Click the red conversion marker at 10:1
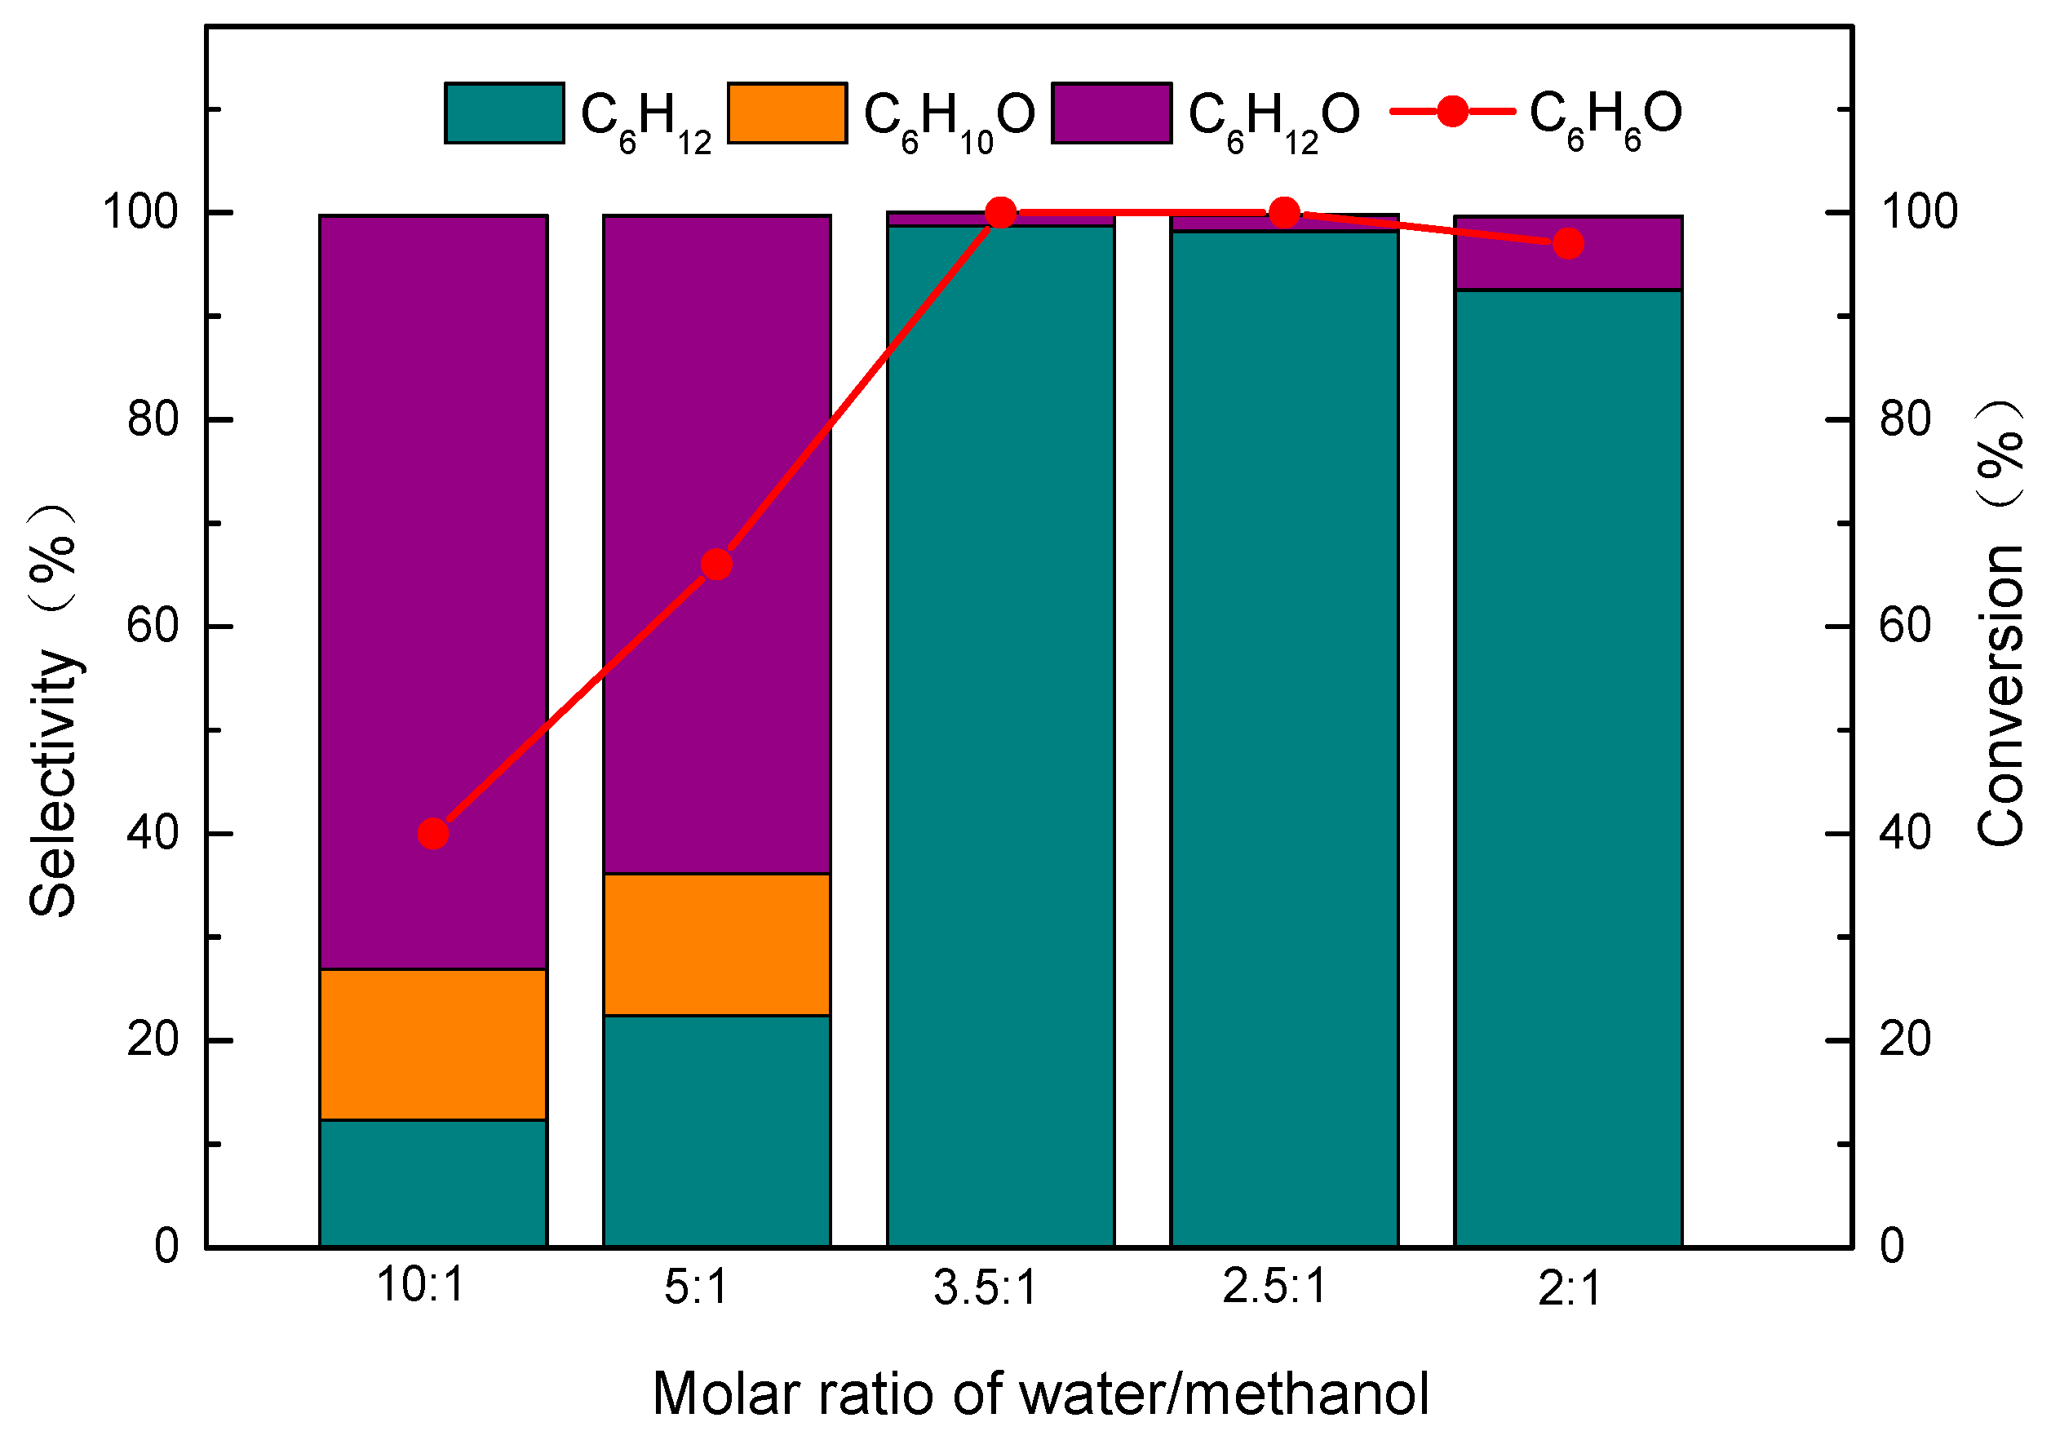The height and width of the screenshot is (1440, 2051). tap(433, 835)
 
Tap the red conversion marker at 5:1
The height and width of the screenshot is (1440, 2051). tap(716, 565)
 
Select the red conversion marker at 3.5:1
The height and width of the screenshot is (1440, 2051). tap(1000, 214)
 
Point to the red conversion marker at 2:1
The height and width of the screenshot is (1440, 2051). tap(1568, 244)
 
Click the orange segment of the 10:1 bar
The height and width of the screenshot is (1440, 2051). tap(433, 1044)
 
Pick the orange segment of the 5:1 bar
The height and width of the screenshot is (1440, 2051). tap(716, 944)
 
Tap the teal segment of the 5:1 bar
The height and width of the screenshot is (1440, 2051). tap(716, 1131)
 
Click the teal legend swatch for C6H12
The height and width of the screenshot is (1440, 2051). tap(505, 113)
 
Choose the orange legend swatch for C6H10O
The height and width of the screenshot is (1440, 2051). tap(787, 113)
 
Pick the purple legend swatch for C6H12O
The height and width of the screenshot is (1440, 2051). tap(1111, 113)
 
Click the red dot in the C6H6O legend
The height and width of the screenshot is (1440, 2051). tap(1452, 112)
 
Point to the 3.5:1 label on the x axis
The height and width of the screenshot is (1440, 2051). tap(986, 1288)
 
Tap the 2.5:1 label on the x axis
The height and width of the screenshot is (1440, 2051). tap(1274, 1287)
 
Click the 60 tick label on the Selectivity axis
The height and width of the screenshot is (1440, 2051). tap(153, 627)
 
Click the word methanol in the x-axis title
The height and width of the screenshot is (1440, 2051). tap(1313, 1394)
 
